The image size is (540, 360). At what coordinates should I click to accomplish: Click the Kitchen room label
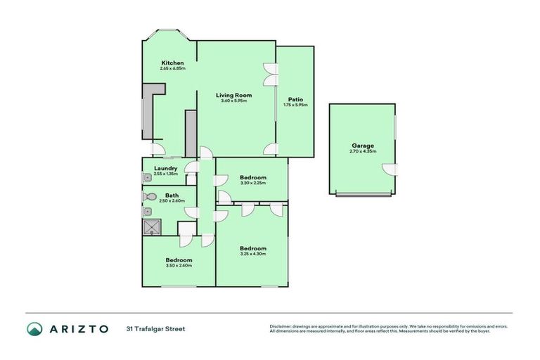pyautogui.click(x=172, y=63)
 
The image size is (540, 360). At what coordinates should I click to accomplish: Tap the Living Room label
pyautogui.click(x=233, y=94)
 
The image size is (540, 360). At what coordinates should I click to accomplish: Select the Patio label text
pyautogui.click(x=295, y=99)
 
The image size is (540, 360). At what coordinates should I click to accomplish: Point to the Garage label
pyautogui.click(x=363, y=145)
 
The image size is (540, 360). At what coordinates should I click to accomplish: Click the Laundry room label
pyautogui.click(x=166, y=168)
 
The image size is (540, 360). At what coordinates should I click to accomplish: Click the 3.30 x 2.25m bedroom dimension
pyautogui.click(x=253, y=184)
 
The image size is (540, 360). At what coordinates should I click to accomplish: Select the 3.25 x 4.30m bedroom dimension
pyautogui.click(x=253, y=254)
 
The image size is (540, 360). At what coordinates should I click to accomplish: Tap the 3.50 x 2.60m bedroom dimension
pyautogui.click(x=179, y=266)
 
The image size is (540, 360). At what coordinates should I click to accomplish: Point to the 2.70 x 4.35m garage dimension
pyautogui.click(x=363, y=151)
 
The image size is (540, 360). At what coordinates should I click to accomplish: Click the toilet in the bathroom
pyautogui.click(x=149, y=197)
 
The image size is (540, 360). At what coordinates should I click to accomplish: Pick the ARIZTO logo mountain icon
pyautogui.click(x=35, y=328)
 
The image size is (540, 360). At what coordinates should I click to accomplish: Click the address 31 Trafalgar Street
pyautogui.click(x=155, y=328)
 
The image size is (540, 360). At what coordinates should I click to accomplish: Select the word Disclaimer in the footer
pyautogui.click(x=282, y=326)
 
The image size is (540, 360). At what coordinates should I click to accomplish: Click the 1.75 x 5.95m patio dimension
pyautogui.click(x=295, y=105)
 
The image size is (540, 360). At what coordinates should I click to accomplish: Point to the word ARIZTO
pyautogui.click(x=79, y=328)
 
